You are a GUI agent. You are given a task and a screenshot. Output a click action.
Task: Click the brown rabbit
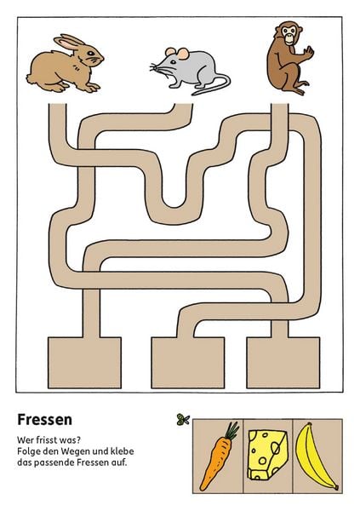[x=66, y=66]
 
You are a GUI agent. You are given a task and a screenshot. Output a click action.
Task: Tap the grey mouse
[x=191, y=70]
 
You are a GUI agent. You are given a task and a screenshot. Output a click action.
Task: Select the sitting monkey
[x=289, y=58]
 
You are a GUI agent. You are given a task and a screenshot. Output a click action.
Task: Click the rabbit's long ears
[x=70, y=43]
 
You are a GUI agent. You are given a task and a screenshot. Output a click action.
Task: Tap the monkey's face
[x=289, y=35]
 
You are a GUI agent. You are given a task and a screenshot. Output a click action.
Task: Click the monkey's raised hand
[x=308, y=53]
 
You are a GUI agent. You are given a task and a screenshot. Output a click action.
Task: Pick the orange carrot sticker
[x=218, y=456]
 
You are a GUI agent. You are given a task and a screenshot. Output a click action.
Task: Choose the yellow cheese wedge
[x=268, y=456]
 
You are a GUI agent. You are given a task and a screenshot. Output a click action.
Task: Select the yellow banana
[x=314, y=456]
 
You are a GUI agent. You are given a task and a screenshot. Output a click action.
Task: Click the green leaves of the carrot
[x=232, y=430]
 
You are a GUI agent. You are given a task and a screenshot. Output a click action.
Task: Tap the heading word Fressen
[x=44, y=420]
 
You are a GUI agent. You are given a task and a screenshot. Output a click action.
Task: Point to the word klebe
[x=123, y=451]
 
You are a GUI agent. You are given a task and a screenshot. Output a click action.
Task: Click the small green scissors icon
[x=183, y=419]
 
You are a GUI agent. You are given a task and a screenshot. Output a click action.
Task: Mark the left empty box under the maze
[x=85, y=363]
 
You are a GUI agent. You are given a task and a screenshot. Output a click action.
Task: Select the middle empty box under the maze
[x=188, y=363]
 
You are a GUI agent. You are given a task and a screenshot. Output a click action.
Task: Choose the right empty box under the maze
[x=283, y=363]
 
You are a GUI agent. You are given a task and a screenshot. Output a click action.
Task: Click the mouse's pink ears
[x=177, y=53]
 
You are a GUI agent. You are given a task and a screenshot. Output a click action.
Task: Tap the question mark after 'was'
[x=78, y=440]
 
